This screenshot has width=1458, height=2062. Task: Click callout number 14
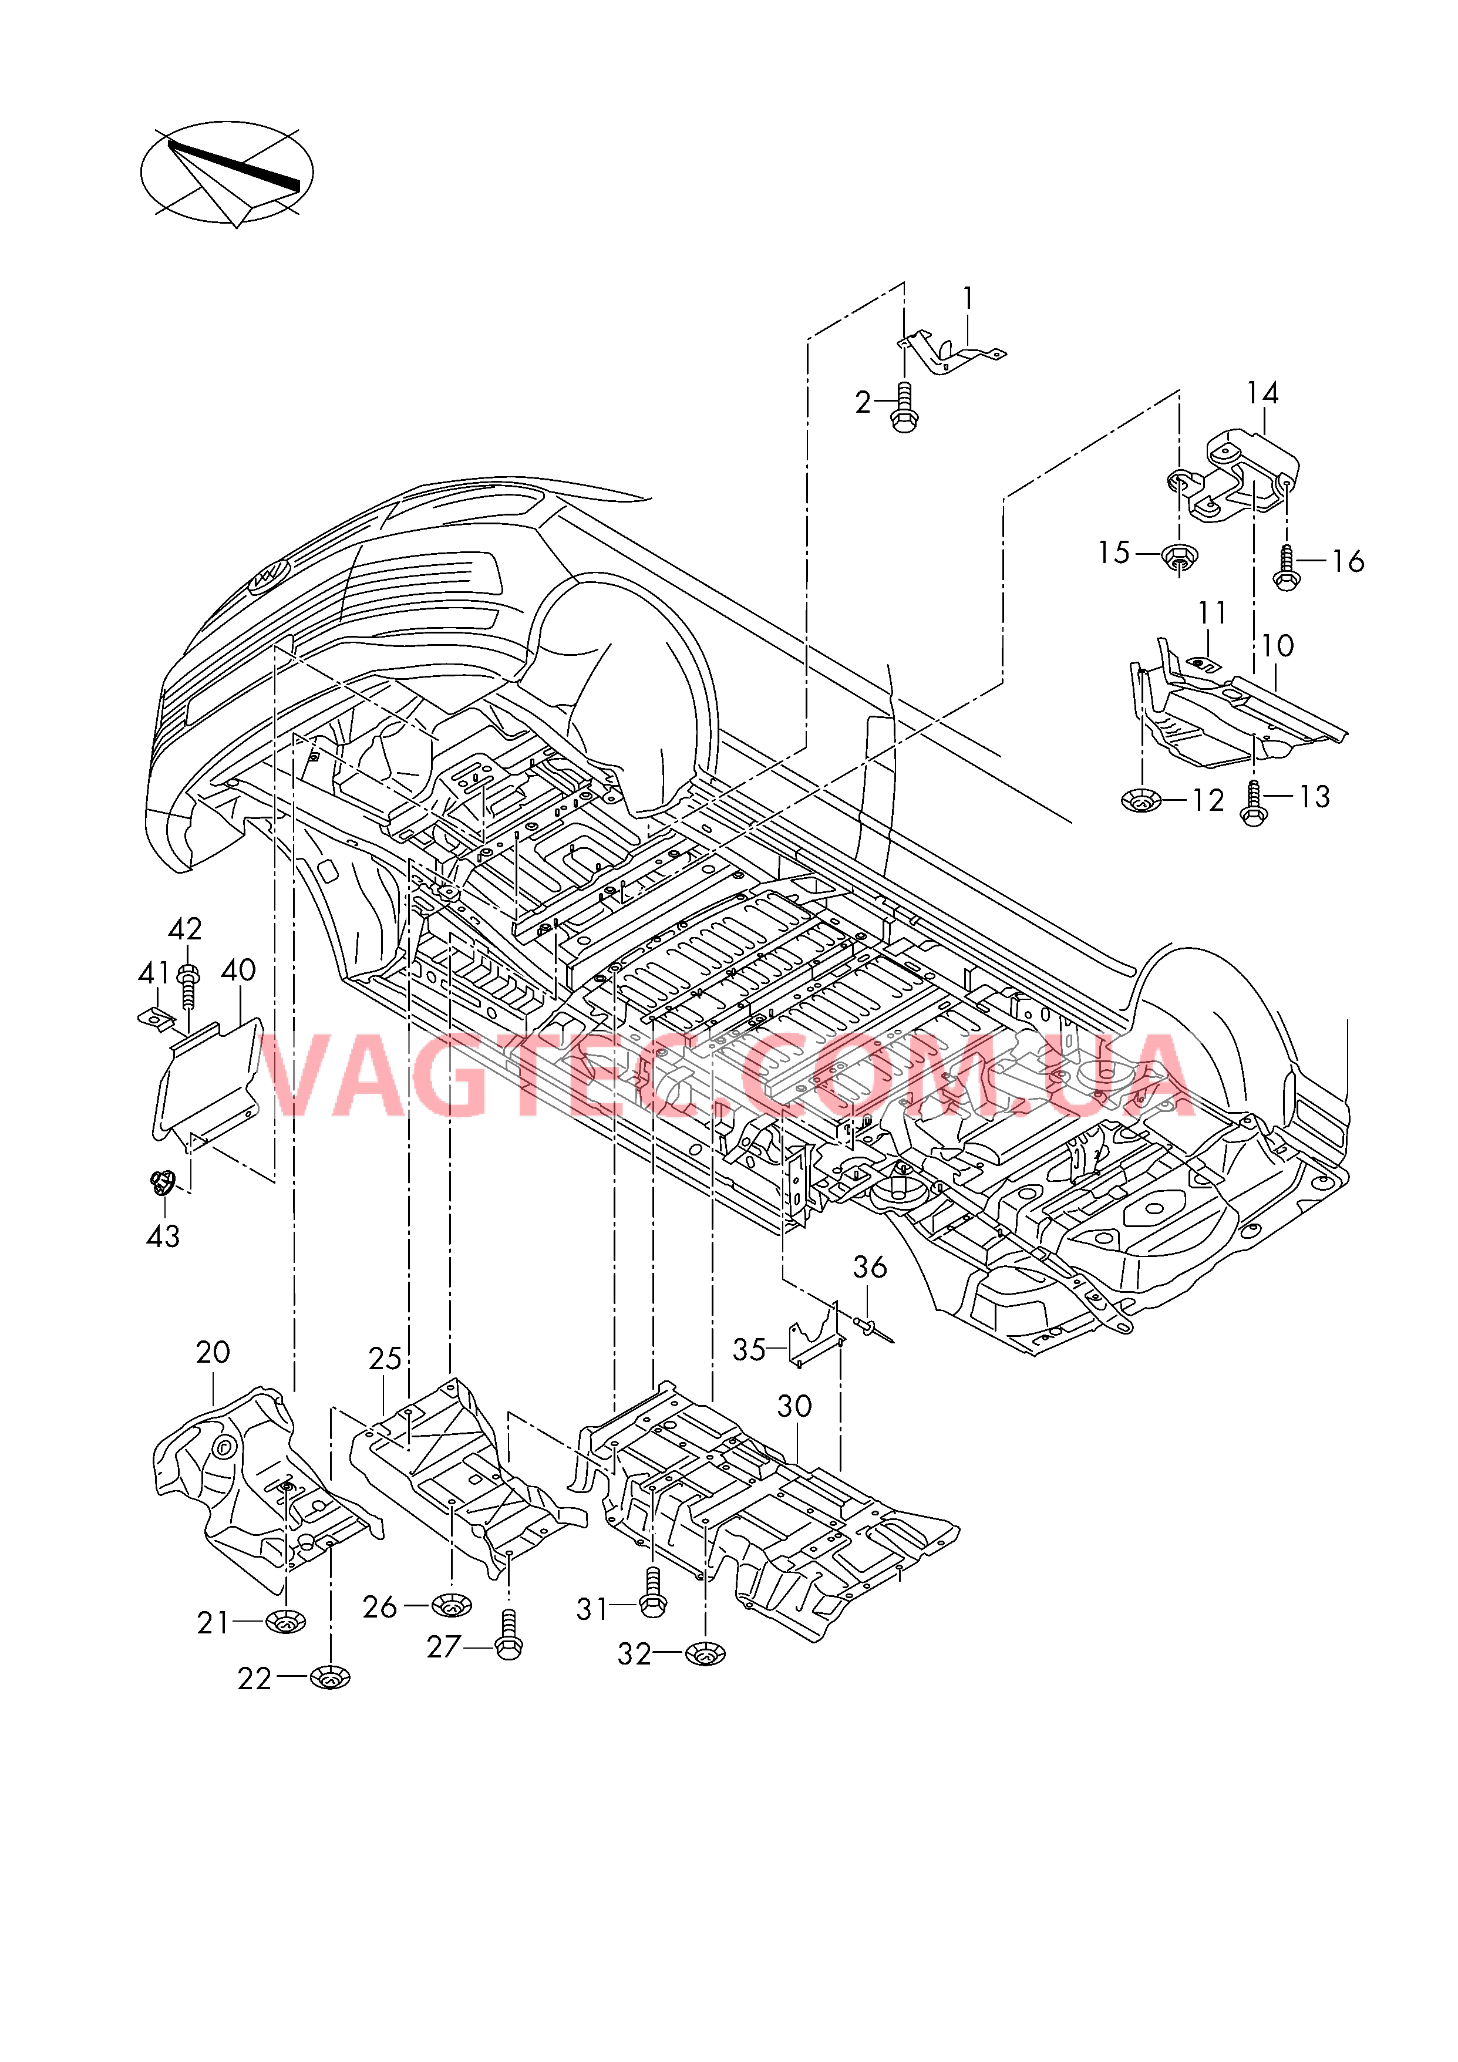pyautogui.click(x=1262, y=393)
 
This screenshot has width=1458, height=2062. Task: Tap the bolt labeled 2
pyautogui.click(x=905, y=410)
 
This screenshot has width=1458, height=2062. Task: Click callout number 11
pyautogui.click(x=1212, y=614)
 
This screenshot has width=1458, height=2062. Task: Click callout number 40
pyautogui.click(x=238, y=970)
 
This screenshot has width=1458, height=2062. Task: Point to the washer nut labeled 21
pyautogui.click(x=286, y=1622)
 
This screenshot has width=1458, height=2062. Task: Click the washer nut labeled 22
pyautogui.click(x=331, y=1677)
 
